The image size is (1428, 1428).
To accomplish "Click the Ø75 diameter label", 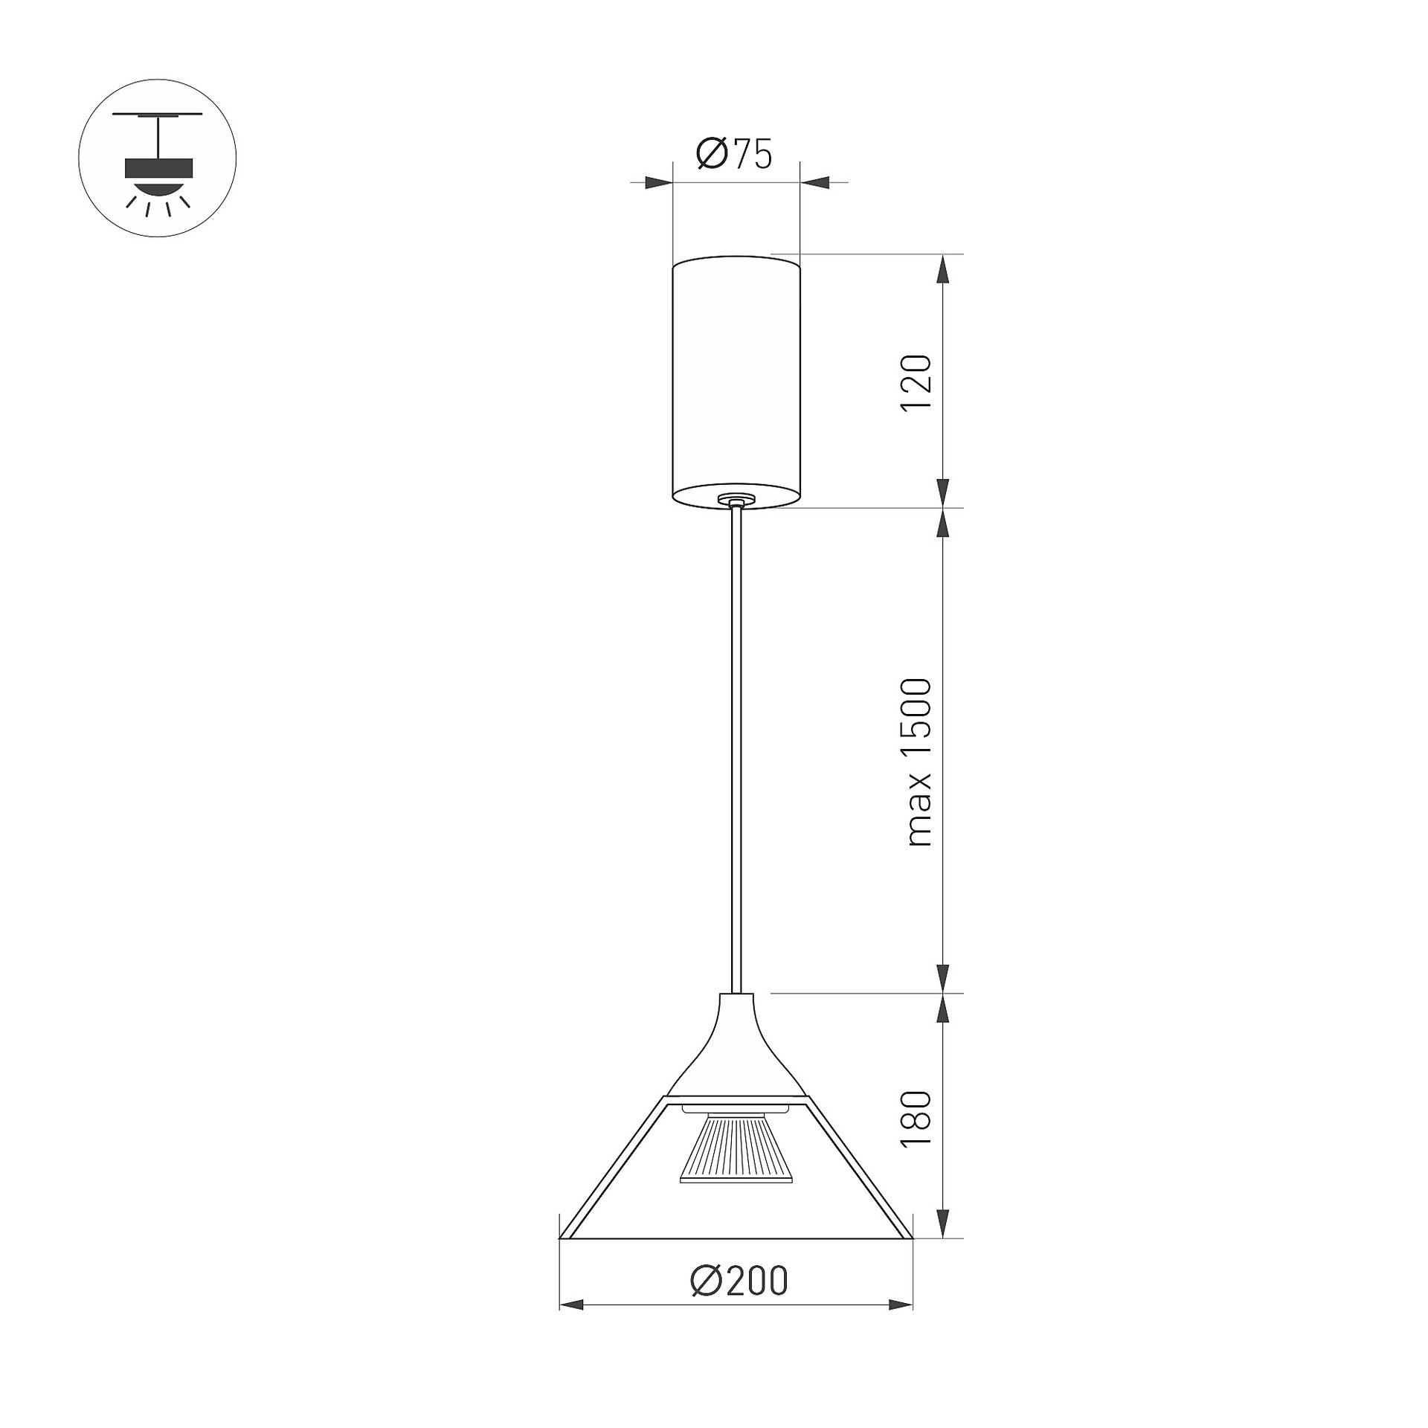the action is click(x=734, y=154).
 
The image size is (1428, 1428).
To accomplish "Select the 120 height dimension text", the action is click(x=916, y=383).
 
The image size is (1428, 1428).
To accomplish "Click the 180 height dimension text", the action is click(x=916, y=1119).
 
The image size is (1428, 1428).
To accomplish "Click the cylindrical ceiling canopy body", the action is click(x=736, y=383).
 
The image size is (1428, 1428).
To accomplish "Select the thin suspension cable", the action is click(x=736, y=751).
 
